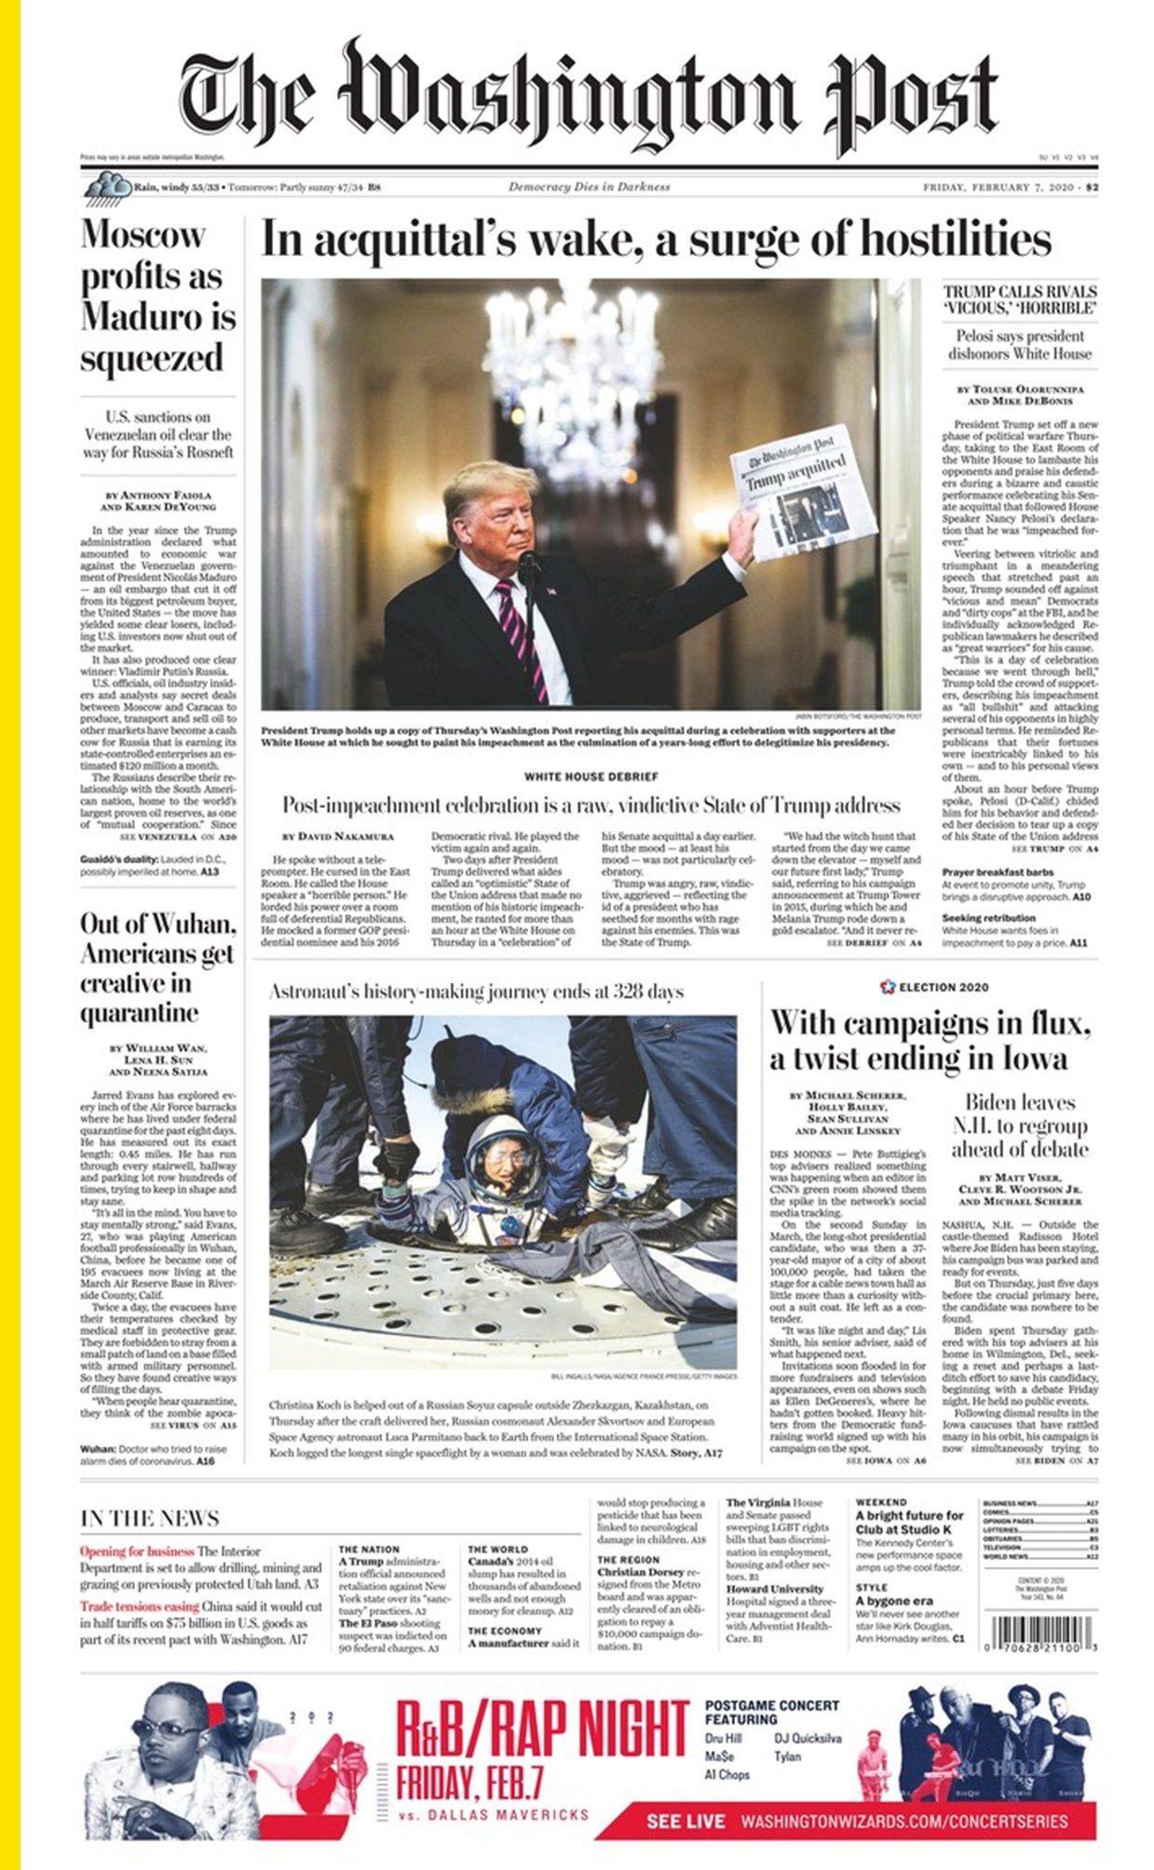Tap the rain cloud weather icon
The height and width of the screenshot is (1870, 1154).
tap(107, 189)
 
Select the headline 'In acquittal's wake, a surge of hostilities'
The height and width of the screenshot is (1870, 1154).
tap(656, 240)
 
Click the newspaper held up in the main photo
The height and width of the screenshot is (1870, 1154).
tap(802, 490)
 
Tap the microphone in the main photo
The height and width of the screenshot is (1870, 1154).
tap(529, 566)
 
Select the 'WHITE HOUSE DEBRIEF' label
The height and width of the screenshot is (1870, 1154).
tap(591, 776)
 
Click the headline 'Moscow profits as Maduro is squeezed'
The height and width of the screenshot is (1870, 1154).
tap(157, 296)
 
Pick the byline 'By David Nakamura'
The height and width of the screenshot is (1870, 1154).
tap(338, 836)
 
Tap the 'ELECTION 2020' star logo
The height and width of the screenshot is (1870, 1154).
tap(888, 987)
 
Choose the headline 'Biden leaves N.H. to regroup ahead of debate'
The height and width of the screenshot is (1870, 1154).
tap(1019, 1126)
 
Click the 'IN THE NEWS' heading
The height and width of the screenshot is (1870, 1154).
tap(150, 1518)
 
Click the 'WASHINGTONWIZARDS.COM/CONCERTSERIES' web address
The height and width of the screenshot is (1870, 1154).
tap(903, 1821)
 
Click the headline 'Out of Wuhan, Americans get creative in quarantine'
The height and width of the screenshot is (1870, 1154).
tap(157, 968)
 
